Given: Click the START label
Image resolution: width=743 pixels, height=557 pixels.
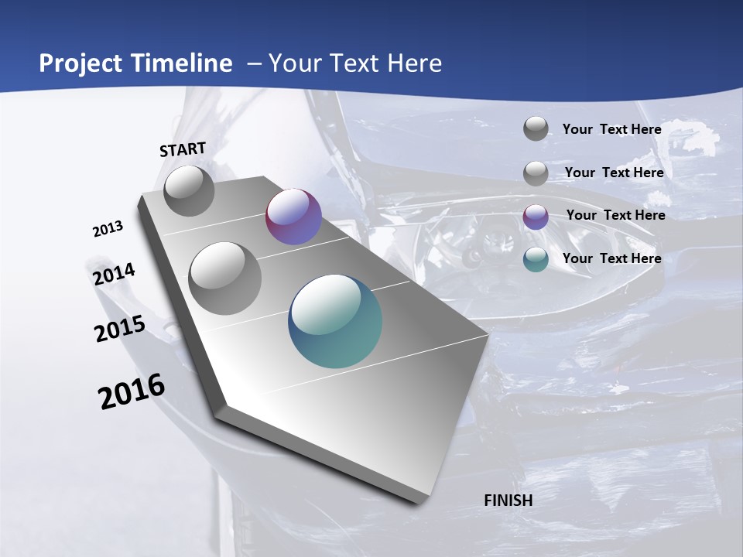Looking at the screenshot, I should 183,149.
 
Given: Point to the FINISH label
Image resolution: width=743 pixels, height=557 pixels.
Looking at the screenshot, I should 508,501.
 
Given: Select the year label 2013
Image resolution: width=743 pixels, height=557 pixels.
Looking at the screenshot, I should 108,229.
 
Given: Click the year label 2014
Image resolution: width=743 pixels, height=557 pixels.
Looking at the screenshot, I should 115,275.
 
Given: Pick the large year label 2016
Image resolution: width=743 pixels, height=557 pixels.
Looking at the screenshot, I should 132,391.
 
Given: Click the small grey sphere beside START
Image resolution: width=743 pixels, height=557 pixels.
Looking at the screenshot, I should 189,190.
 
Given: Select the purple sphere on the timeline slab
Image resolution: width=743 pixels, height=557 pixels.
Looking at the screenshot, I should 293,217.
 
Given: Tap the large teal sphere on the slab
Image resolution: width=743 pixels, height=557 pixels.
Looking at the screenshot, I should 335,321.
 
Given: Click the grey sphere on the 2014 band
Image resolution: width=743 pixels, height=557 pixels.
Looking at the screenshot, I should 225,278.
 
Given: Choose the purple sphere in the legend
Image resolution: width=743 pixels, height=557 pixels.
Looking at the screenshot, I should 536,217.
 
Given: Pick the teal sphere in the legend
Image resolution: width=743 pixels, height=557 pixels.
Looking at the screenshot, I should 536,259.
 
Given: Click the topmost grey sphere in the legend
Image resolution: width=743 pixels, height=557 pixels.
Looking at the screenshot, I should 536,128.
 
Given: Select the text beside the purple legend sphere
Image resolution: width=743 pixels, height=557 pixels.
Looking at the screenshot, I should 615,215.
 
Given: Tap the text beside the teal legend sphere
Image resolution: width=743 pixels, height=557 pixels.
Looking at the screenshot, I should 611,258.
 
